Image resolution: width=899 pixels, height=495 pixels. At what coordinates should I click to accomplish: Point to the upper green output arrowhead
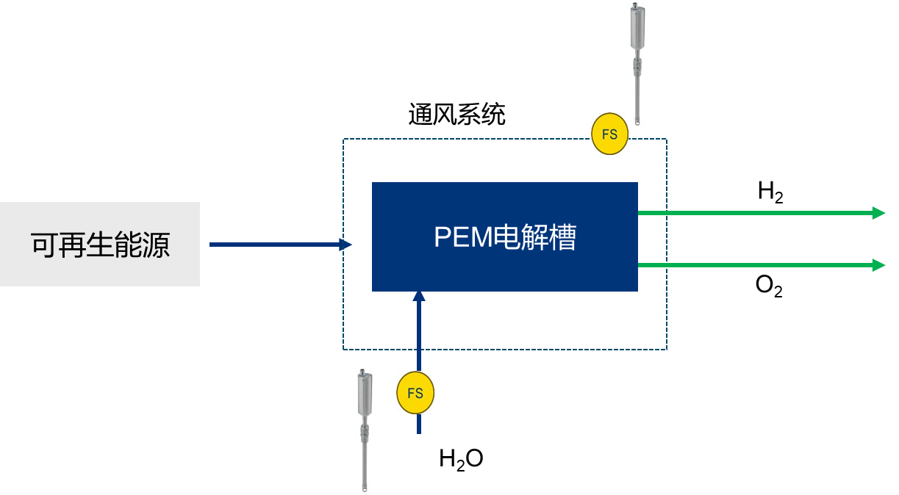tap(878, 213)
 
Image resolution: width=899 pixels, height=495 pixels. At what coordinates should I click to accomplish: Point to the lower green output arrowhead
tap(878, 264)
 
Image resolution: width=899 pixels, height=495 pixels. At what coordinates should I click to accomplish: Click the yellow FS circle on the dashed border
tap(609, 134)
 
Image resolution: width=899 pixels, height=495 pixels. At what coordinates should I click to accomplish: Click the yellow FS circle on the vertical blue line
tap(415, 393)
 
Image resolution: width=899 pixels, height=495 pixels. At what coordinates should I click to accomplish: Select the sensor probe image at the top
tap(637, 65)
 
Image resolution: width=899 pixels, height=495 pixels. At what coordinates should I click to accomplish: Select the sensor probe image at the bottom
tap(365, 430)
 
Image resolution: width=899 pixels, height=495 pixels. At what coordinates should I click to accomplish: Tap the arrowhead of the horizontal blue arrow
tap(346, 245)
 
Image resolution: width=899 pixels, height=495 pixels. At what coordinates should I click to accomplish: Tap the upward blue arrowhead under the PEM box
tap(419, 295)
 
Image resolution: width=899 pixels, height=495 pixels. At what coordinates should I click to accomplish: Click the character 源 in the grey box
tap(156, 245)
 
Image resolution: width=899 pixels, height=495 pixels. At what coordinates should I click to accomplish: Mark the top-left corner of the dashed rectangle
tap(343, 139)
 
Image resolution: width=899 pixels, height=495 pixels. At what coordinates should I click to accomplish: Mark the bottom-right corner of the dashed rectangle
tap(667, 349)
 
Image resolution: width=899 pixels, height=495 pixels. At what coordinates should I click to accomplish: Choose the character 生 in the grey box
tap(100, 245)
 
